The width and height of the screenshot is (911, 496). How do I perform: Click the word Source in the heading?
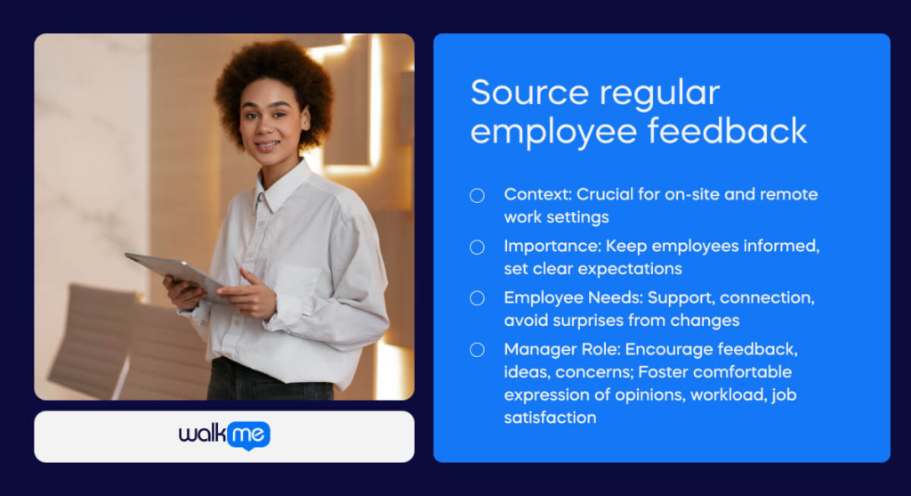529,93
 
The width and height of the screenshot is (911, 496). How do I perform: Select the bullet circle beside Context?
477,195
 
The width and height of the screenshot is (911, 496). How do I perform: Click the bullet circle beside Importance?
477,248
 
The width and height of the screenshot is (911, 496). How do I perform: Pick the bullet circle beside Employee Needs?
477,298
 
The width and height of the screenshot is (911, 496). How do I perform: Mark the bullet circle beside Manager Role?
477,349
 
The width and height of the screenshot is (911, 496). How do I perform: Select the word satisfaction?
550,418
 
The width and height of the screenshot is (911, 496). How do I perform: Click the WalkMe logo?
224,435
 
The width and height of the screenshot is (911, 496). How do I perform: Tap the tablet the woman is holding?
177,275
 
